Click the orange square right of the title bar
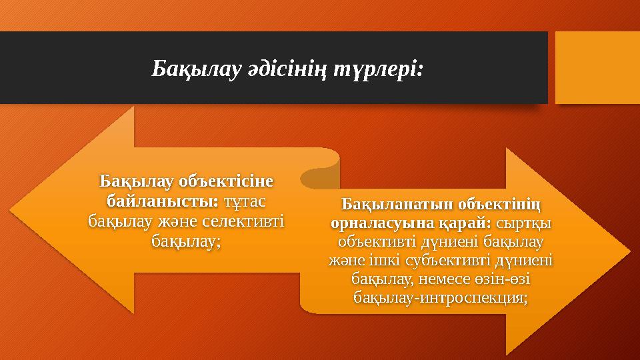coord(597,68)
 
